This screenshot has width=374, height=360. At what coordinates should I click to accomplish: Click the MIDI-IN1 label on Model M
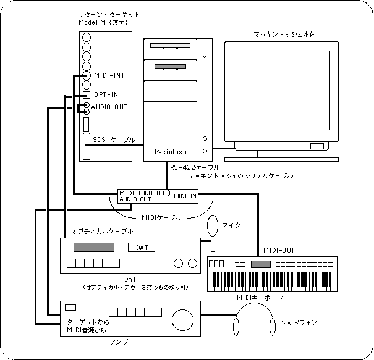111,76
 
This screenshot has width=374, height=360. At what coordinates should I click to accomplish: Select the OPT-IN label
106,94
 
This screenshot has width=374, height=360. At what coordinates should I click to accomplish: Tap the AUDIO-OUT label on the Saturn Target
110,106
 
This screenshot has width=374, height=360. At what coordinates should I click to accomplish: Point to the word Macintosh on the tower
170,151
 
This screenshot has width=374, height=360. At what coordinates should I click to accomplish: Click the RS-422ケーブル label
194,167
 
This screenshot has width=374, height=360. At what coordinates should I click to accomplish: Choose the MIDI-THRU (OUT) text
145,193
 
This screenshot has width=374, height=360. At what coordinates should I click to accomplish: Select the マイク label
232,225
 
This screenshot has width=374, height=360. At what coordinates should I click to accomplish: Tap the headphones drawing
254,324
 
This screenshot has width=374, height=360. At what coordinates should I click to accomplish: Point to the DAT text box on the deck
142,248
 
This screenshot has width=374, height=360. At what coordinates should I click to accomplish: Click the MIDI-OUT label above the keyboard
279,250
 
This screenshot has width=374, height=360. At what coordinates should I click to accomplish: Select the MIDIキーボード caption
260,298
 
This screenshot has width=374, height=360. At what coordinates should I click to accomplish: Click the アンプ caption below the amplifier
109,341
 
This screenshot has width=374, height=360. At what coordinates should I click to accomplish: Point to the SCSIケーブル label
114,140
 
